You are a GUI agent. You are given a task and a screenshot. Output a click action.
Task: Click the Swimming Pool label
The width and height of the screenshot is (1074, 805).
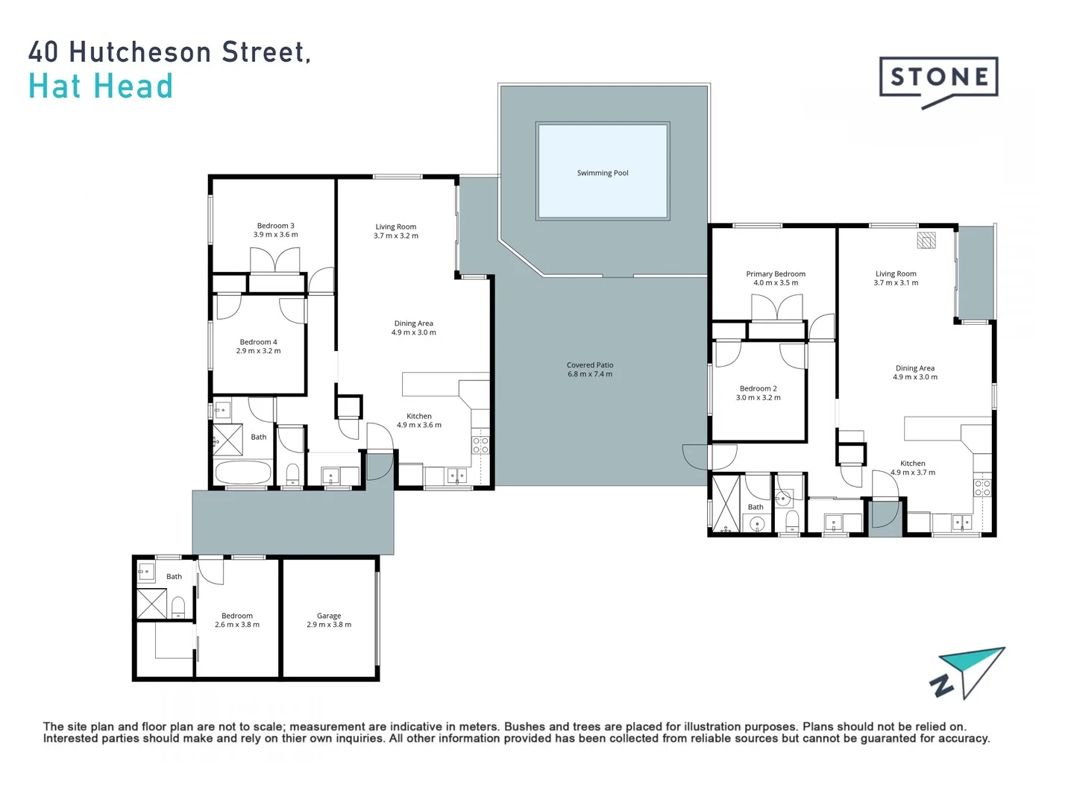(x=603, y=173)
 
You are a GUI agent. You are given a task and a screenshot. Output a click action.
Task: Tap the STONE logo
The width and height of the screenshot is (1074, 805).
(x=939, y=78)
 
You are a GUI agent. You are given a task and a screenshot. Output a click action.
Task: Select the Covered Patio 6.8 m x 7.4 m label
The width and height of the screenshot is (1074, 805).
(x=590, y=370)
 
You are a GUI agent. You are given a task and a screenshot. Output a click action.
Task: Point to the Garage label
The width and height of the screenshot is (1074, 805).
(x=329, y=616)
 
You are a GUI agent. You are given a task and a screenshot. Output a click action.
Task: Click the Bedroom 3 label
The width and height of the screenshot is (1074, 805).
(x=275, y=226)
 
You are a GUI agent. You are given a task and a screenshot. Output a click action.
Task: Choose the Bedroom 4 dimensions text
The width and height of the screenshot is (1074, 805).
(x=258, y=351)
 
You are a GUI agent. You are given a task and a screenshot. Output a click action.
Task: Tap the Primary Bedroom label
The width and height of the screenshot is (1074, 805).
(x=776, y=274)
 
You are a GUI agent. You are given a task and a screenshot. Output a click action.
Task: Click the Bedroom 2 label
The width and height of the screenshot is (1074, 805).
(x=758, y=388)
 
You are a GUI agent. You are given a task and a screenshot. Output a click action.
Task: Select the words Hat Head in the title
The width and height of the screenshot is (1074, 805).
(x=101, y=86)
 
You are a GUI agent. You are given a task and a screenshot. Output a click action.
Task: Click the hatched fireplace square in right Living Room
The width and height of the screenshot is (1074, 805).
(x=926, y=240)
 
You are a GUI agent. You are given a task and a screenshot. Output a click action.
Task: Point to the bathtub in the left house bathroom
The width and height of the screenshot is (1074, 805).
(x=242, y=473)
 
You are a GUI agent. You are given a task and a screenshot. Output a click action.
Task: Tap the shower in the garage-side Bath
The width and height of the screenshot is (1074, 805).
(x=151, y=604)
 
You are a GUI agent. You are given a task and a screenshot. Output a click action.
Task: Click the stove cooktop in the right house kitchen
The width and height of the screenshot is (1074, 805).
(x=982, y=488)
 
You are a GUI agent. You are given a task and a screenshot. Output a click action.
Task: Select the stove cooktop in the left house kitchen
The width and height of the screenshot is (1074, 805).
(x=480, y=446)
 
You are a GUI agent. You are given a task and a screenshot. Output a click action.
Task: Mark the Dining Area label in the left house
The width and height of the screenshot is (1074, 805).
(x=414, y=323)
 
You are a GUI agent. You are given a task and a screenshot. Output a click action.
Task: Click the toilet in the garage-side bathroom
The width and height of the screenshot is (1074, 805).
(x=178, y=607)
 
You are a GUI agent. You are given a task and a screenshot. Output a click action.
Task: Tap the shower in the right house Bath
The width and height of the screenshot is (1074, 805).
(x=725, y=503)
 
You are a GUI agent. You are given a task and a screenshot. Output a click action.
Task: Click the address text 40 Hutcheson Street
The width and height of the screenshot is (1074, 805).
(x=169, y=52)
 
